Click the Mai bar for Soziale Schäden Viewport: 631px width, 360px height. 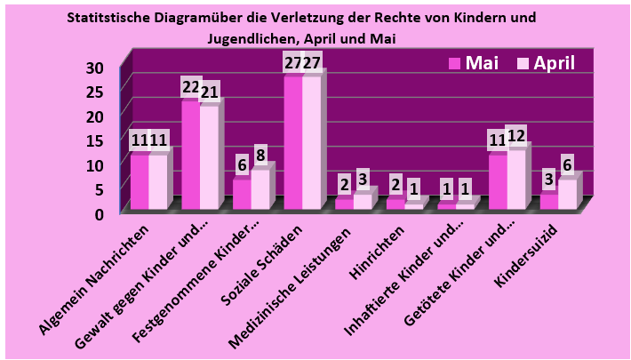(x=292, y=142)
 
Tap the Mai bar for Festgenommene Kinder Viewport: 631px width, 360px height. (x=241, y=194)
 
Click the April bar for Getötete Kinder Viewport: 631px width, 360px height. (x=515, y=179)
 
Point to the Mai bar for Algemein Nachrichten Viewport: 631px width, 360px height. (x=139, y=181)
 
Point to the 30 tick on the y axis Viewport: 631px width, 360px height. (x=95, y=68)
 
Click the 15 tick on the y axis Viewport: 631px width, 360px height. (x=95, y=140)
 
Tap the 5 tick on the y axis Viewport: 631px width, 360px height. (x=99, y=188)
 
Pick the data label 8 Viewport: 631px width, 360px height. (x=260, y=155)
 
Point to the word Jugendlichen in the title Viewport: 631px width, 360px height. (x=252, y=38)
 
